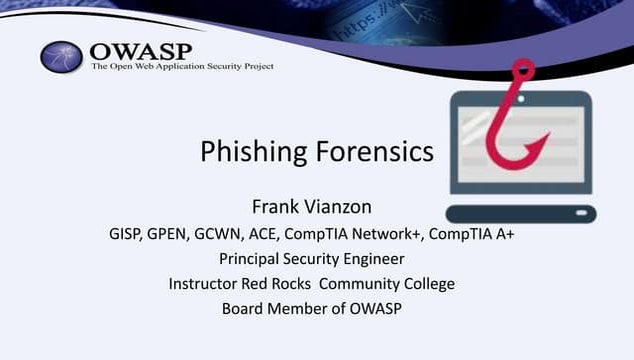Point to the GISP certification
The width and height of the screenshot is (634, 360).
(127, 234)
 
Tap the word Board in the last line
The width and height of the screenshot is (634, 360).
(244, 309)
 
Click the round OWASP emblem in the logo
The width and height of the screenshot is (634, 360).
(62, 57)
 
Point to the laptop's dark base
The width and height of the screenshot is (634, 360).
(520, 213)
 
